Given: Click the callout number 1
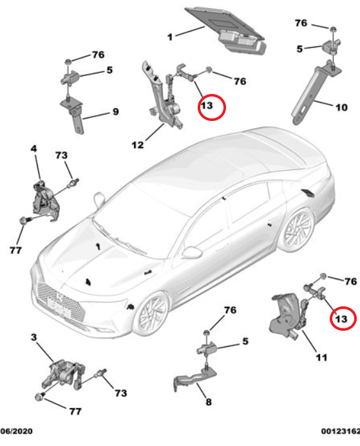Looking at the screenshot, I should click(170, 37).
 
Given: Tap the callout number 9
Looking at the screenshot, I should click(116, 112).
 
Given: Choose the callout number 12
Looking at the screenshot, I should click(138, 145).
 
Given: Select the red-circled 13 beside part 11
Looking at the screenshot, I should click(341, 317).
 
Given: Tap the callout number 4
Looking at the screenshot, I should click(33, 149).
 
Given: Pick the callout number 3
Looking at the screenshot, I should click(33, 337).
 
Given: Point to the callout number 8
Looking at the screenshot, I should click(208, 402).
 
